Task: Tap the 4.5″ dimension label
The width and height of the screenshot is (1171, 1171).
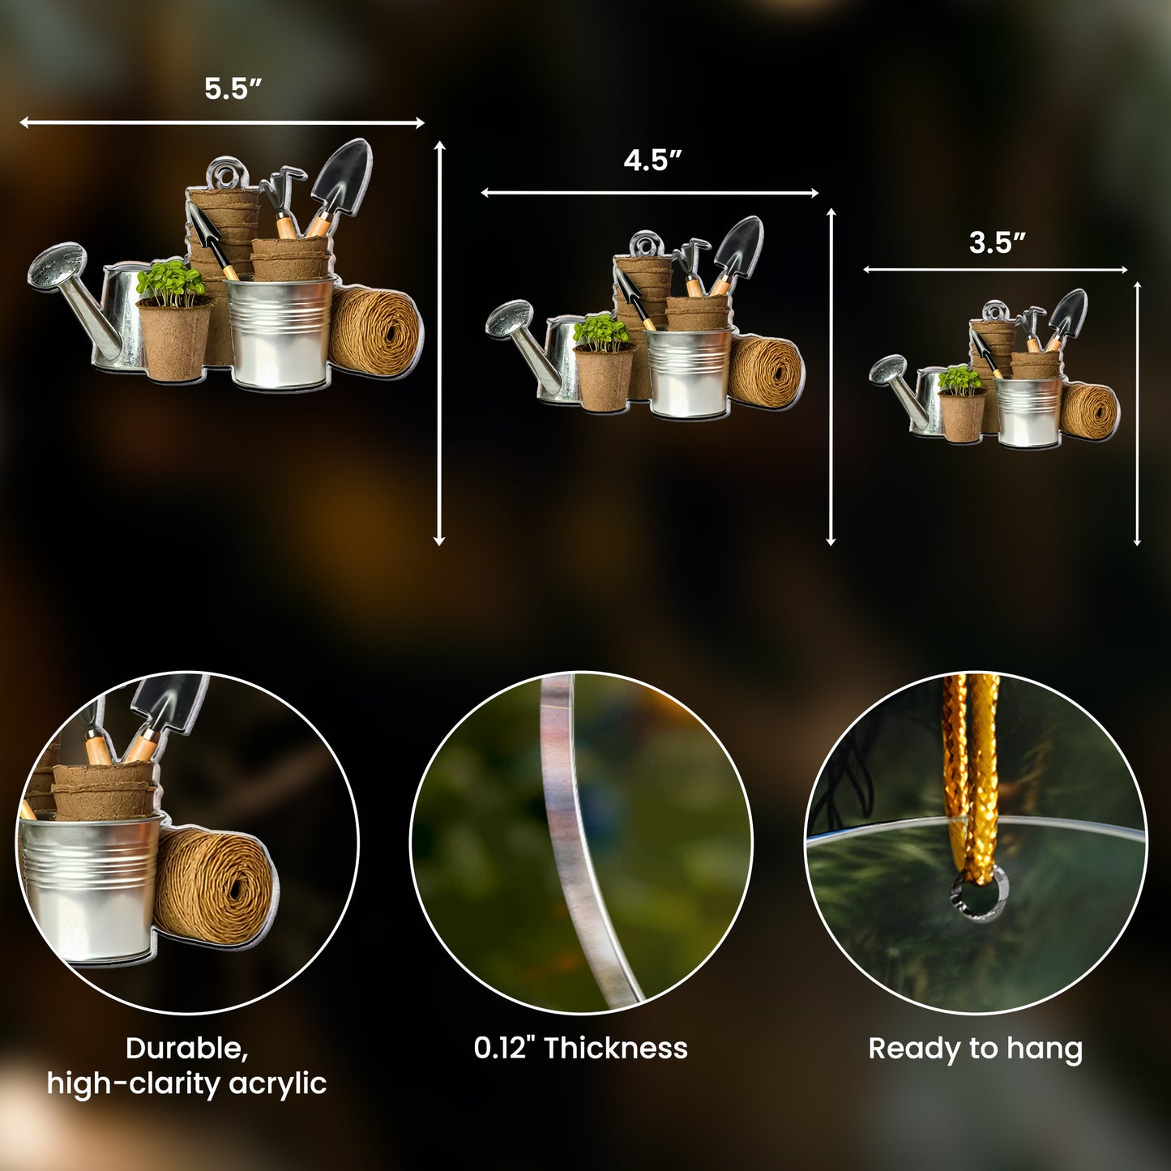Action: (x=652, y=160)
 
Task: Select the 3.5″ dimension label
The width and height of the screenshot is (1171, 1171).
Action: (x=997, y=242)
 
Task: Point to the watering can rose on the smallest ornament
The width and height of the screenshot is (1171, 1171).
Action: (x=888, y=369)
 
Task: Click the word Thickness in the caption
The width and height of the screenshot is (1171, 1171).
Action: (x=616, y=1049)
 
